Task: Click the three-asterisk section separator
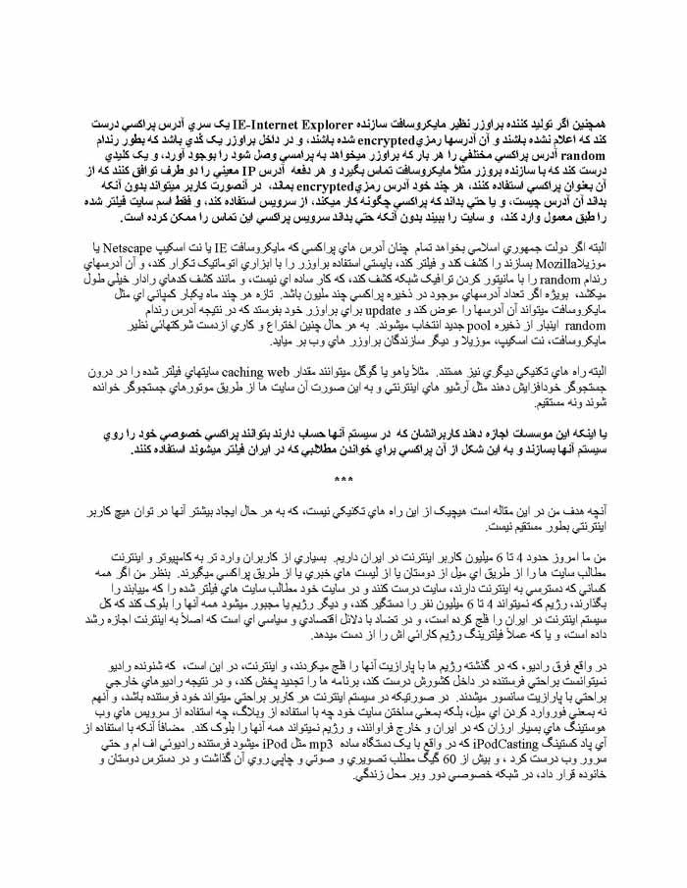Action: coord(343,480)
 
